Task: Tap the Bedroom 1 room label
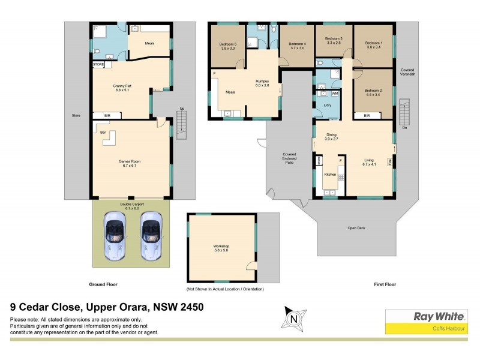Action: [373, 44]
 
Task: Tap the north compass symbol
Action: [295, 317]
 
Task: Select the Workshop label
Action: [221, 248]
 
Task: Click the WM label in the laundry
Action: [335, 94]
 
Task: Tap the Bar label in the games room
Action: [103, 131]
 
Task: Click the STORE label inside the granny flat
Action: [98, 64]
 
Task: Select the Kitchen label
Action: [330, 174]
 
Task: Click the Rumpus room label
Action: [262, 82]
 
